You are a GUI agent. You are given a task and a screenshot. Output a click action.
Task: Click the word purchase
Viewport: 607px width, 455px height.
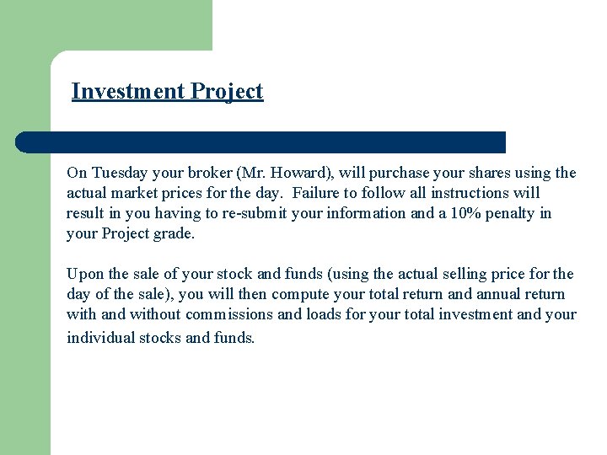tap(400, 174)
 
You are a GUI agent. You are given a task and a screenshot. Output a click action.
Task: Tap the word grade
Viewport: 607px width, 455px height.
tap(174, 233)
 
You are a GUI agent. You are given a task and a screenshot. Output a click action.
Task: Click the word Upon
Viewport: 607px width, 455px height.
tap(84, 274)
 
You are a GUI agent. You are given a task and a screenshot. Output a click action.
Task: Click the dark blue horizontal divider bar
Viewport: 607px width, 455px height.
tap(261, 142)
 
